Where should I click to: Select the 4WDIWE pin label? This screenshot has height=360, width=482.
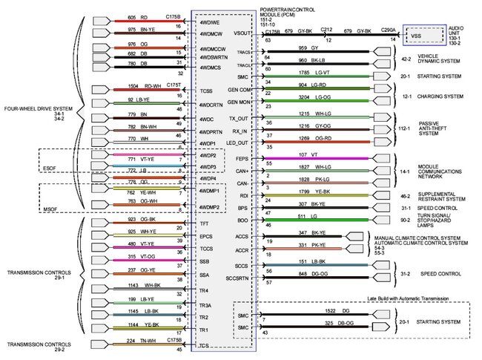pyautogui.click(x=208, y=22)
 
